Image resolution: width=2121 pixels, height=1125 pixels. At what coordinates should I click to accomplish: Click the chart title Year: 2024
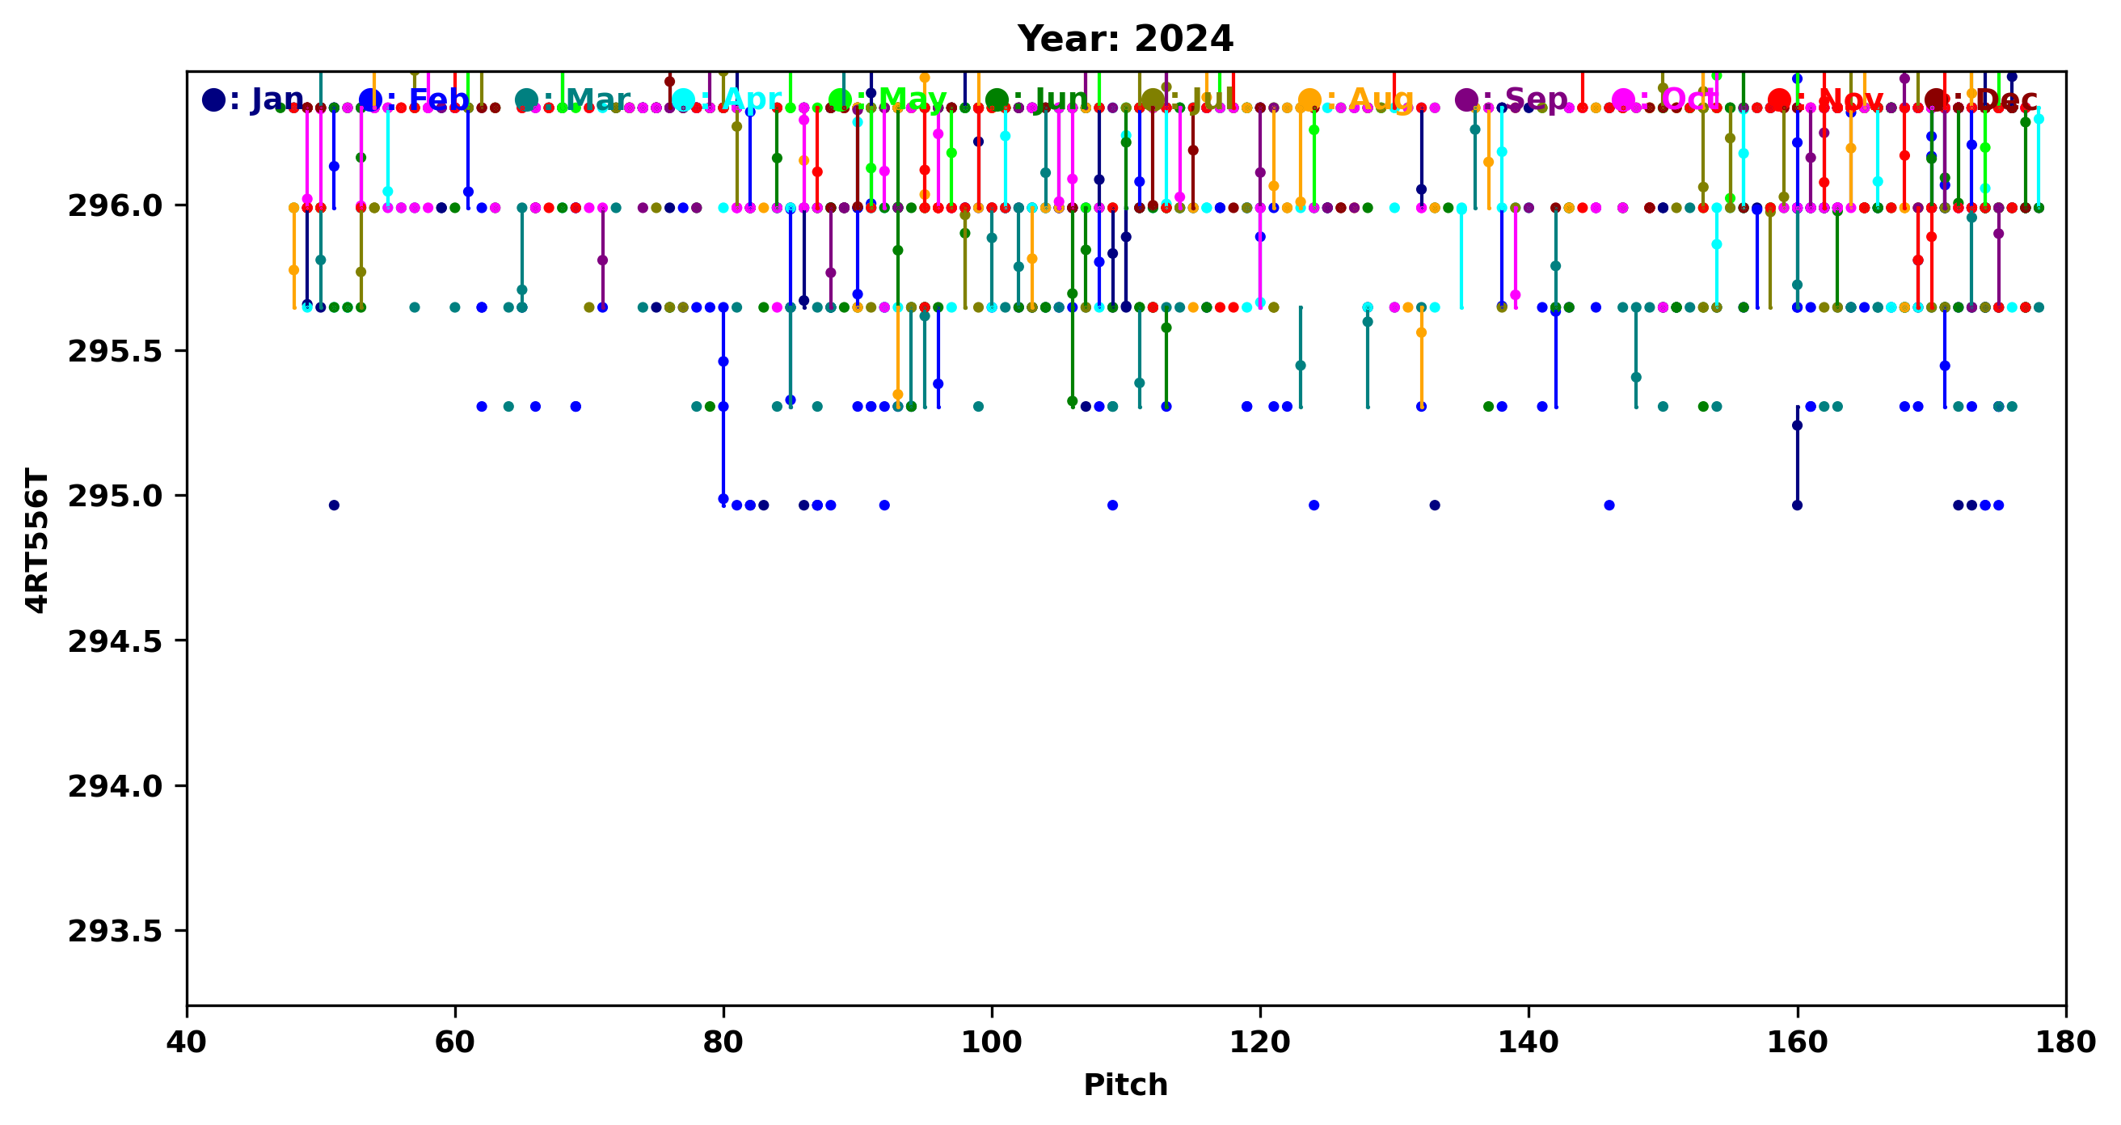click(1124, 39)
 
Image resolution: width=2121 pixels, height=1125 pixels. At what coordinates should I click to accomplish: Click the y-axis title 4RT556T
click(37, 539)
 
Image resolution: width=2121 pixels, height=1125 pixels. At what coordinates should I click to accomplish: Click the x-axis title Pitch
click(1124, 1085)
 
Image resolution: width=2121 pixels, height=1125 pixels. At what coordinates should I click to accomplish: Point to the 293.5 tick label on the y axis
click(116, 932)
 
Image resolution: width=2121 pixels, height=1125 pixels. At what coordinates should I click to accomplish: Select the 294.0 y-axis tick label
click(116, 786)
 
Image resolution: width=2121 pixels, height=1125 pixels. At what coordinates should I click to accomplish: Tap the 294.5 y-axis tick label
click(116, 641)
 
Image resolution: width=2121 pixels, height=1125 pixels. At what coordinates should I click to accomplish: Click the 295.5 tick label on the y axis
click(116, 351)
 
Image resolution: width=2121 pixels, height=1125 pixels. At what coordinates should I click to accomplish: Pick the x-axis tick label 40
click(187, 1043)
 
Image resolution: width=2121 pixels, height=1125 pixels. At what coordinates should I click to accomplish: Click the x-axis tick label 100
click(991, 1043)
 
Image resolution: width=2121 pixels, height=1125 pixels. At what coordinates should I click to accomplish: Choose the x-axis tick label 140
click(1529, 1043)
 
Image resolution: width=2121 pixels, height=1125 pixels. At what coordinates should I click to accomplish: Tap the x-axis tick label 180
click(2065, 1043)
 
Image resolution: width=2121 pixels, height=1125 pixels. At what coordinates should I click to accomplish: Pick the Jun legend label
click(1060, 99)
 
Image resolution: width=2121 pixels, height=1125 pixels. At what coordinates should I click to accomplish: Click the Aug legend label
click(1380, 99)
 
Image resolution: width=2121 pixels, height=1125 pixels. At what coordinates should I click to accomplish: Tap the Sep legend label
click(1536, 99)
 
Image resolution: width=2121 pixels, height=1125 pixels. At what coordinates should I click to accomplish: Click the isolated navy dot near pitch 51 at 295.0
click(334, 505)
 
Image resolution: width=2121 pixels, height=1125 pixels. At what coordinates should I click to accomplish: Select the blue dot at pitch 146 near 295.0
click(1609, 505)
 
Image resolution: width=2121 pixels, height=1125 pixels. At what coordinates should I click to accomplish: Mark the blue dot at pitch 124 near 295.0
click(1314, 505)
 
